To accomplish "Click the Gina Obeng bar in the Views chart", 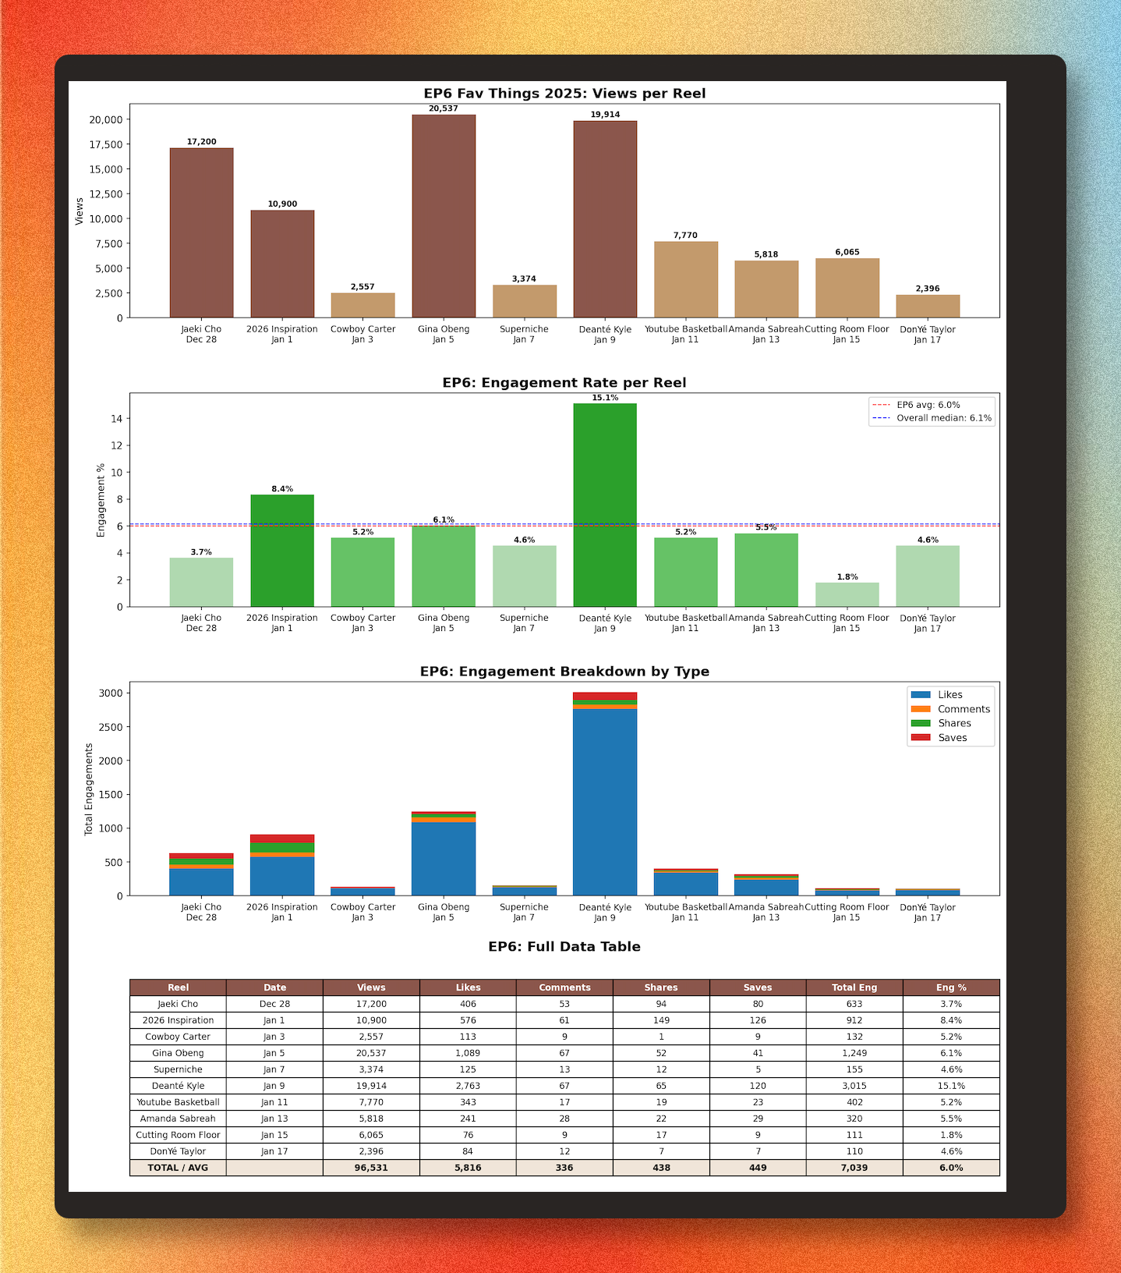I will click(x=444, y=216).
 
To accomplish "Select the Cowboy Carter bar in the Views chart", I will click(x=362, y=305).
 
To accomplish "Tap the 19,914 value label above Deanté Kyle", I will click(x=605, y=115).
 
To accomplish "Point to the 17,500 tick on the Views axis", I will click(x=106, y=144).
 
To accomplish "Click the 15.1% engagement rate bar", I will click(x=605, y=505).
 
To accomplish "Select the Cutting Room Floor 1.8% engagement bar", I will click(x=847, y=594).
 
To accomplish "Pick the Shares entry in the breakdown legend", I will click(x=953, y=723).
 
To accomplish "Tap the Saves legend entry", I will click(x=952, y=738).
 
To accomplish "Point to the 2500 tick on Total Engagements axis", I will click(x=111, y=727).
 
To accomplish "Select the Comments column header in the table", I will click(x=564, y=988).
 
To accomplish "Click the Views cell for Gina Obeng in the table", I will click(x=371, y=1053).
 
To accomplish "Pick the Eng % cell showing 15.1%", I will click(x=951, y=1086).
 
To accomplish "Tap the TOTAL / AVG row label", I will click(x=178, y=1168).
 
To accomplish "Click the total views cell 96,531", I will click(x=371, y=1168).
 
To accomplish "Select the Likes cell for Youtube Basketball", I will click(x=468, y=1102).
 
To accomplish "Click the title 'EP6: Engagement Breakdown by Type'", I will click(x=564, y=672).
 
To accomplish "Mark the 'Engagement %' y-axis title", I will click(x=101, y=500).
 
